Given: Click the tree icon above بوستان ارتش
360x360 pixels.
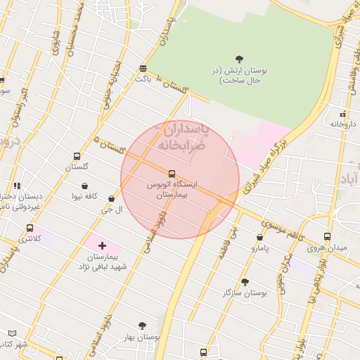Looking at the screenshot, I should point(239,59).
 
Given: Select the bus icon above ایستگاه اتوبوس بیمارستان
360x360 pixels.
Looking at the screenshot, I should point(172,173).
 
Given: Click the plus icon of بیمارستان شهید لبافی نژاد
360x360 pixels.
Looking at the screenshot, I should point(103,245).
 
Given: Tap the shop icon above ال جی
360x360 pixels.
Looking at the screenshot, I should point(112,199).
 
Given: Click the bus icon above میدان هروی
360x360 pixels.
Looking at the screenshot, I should point(327,236).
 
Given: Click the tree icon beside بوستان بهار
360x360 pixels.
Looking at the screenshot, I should point(142,326).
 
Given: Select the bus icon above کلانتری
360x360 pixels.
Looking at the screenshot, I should point(30,228).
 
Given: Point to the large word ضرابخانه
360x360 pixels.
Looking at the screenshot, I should point(179,145).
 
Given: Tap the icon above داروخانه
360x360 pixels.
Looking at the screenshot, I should point(342,113).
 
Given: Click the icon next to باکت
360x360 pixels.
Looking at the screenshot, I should point(143,68).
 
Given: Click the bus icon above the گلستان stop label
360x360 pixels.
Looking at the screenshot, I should point(77,157).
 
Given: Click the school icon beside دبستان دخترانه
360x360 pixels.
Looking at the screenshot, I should point(15,186).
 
